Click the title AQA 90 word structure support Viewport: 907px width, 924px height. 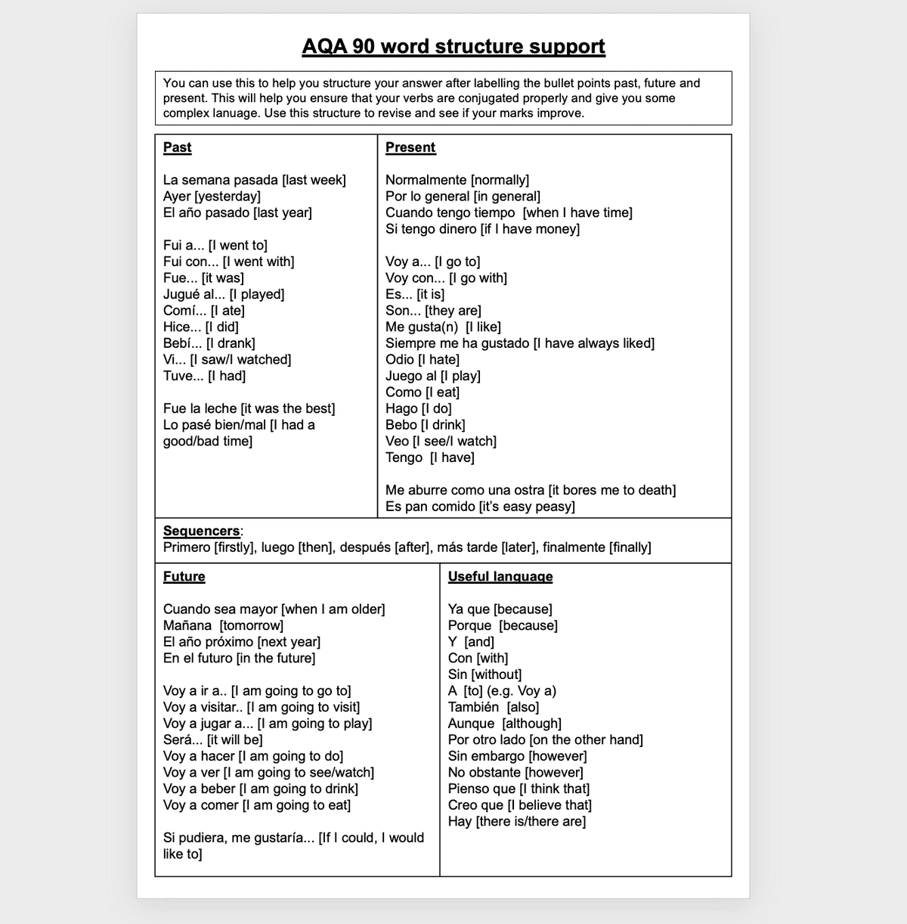click(x=453, y=47)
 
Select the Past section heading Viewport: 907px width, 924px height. click(x=177, y=147)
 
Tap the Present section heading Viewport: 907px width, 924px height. click(x=410, y=147)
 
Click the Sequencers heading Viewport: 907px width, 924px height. click(x=201, y=531)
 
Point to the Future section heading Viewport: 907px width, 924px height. click(x=184, y=576)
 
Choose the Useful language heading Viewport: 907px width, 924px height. click(x=500, y=576)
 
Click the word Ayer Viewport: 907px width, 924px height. click(x=177, y=197)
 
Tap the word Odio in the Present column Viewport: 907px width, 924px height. click(x=400, y=359)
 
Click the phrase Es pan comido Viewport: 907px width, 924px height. click(x=430, y=507)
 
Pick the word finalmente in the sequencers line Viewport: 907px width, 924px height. click(x=574, y=547)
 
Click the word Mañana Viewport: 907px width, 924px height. click(x=187, y=625)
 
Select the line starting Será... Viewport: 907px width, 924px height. click(x=212, y=740)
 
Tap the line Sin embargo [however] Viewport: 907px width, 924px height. click(x=517, y=756)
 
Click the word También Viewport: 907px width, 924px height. click(x=473, y=707)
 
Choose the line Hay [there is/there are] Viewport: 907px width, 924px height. click(x=516, y=821)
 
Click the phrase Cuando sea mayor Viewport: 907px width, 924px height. click(x=220, y=609)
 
